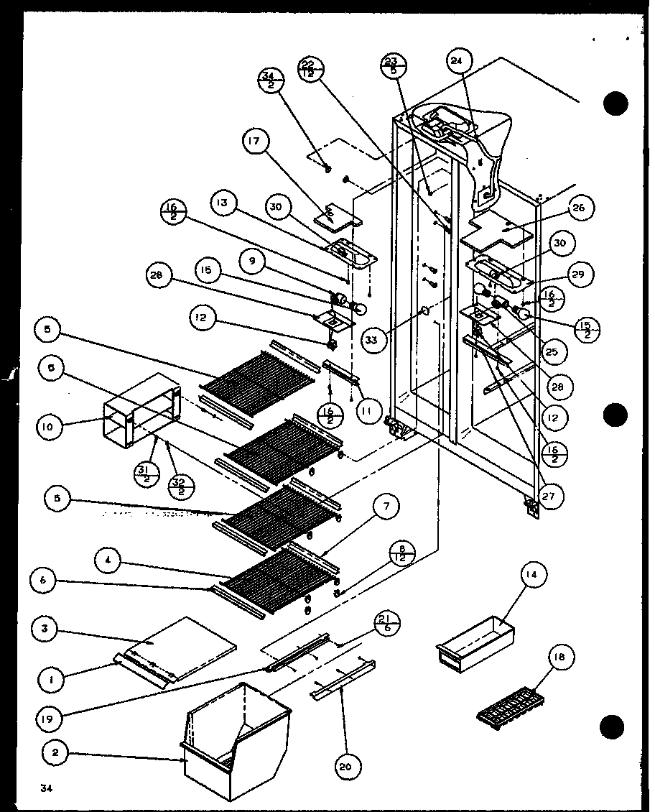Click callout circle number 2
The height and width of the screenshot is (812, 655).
tap(56, 753)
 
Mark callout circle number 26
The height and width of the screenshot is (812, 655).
tap(578, 209)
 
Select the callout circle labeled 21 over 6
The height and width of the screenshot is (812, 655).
tap(386, 624)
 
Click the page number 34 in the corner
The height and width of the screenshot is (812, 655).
tap(46, 790)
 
